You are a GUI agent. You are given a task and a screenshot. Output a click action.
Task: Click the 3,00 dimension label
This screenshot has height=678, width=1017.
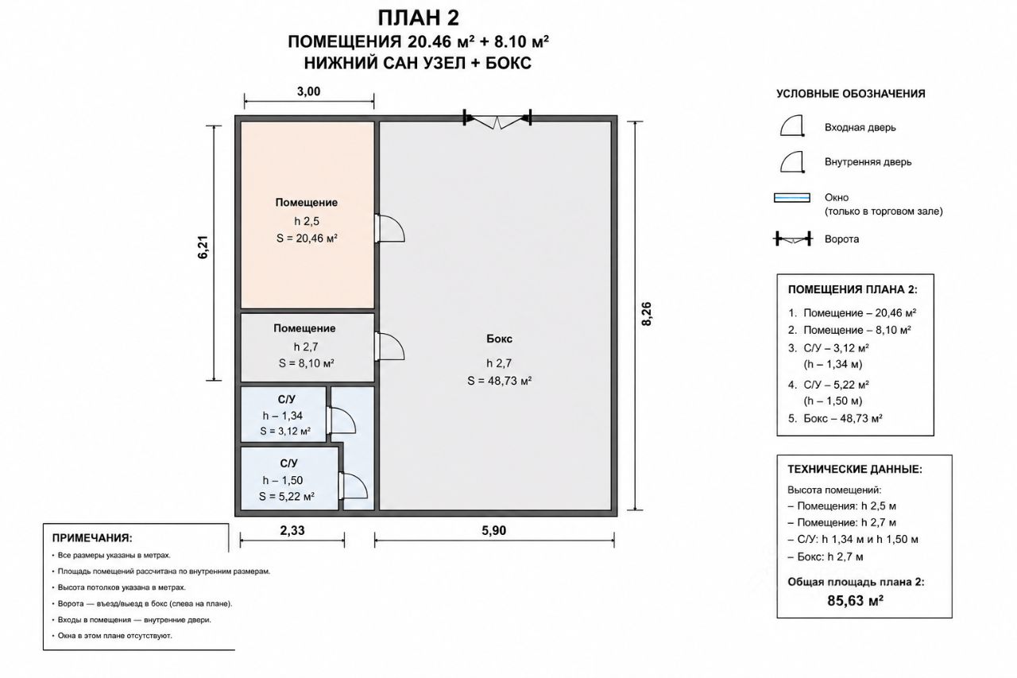[309, 91]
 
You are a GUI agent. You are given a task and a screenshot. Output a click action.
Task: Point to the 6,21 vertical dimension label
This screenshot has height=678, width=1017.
[203, 247]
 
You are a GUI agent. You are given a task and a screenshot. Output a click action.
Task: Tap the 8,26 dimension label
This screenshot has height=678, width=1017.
[647, 314]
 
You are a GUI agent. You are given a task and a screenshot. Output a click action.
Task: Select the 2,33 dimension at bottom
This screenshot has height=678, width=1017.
[292, 530]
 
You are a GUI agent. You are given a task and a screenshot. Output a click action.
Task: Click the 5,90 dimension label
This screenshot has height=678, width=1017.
[494, 530]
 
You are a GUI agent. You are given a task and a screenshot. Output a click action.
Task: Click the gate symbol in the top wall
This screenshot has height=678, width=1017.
[497, 119]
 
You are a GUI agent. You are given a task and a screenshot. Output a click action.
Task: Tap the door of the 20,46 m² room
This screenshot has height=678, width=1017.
[389, 228]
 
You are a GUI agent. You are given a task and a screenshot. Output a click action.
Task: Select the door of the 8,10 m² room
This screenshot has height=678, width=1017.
[389, 347]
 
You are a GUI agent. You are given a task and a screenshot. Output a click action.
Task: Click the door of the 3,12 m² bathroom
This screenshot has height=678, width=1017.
[341, 420]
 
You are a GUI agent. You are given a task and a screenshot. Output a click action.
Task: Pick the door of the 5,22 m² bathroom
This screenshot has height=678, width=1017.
[354, 486]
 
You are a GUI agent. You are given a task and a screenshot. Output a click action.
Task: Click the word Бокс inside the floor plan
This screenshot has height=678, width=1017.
[499, 339]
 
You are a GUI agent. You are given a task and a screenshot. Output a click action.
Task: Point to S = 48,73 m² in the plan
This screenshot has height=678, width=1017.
[500, 381]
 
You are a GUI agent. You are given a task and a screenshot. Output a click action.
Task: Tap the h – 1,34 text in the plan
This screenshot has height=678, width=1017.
[282, 416]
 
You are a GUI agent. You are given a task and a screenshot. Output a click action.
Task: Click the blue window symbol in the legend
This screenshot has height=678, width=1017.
[792, 198]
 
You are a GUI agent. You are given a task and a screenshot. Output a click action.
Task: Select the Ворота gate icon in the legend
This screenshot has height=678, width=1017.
[793, 238]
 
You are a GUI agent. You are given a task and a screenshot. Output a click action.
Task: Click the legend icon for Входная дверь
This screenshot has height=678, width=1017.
[792, 126]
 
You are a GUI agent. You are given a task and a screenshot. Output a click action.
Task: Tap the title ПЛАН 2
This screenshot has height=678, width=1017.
[418, 18]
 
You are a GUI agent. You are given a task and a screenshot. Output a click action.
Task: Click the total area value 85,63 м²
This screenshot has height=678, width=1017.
[855, 601]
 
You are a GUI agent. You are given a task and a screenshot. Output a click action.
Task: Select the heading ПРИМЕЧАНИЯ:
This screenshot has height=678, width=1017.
[92, 538]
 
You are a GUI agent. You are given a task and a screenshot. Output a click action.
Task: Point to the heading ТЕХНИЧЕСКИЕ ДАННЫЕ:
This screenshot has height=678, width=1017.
[855, 469]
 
